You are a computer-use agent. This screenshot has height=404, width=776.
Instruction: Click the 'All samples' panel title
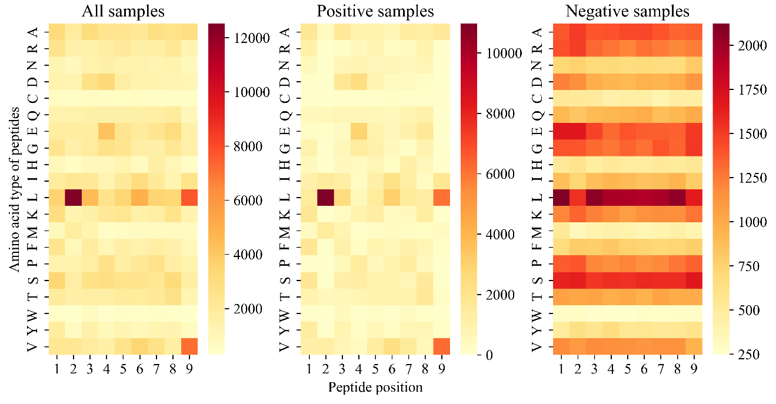(123, 11)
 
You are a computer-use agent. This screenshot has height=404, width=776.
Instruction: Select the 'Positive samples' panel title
(375, 11)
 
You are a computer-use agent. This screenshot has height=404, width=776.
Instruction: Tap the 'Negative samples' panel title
(627, 11)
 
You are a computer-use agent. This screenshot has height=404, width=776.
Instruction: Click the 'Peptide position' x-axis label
(375, 387)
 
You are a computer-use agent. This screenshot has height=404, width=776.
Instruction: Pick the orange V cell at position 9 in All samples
(189, 346)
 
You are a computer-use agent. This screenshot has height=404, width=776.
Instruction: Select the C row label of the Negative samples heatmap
(536, 98)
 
